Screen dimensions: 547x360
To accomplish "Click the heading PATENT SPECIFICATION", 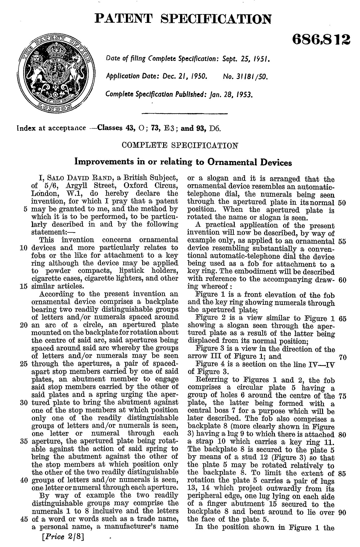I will click(183, 18).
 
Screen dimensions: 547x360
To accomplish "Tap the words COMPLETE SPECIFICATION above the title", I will click(179, 145).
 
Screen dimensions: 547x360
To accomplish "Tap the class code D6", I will click(214, 128).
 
